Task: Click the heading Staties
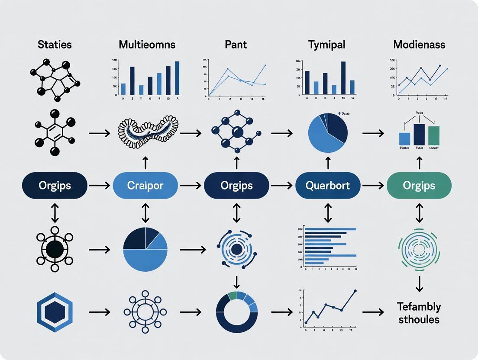55,45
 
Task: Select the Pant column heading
236,45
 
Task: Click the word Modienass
419,45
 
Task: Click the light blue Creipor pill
145,186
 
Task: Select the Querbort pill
328,186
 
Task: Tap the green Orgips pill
419,186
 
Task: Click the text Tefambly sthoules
419,313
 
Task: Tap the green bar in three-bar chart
433,135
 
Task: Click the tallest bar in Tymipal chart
343,78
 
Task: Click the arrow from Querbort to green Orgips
373,186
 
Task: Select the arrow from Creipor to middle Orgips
191,186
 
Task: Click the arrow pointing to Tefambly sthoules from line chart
373,312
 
